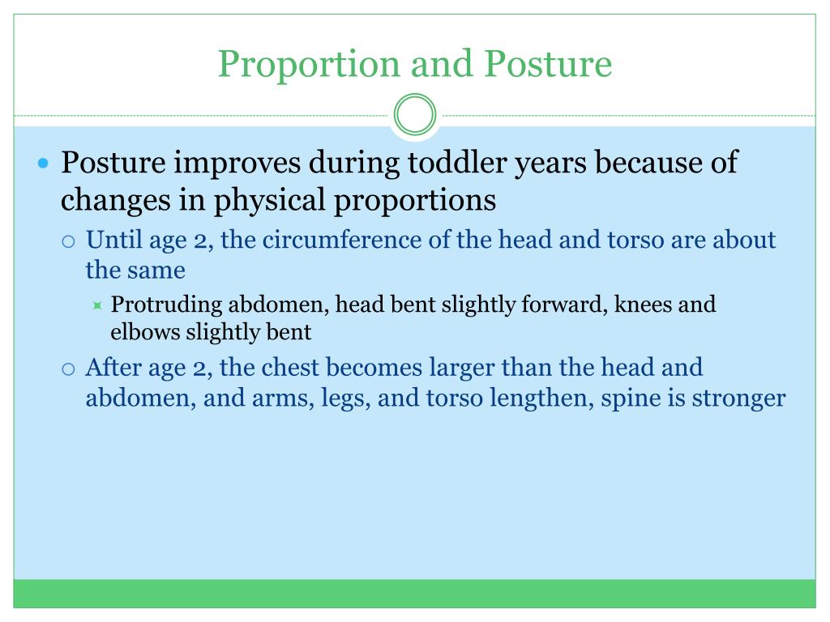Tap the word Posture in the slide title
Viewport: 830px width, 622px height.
pyautogui.click(x=549, y=63)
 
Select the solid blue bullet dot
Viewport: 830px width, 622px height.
pyautogui.click(x=44, y=163)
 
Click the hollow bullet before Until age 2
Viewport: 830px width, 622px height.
pyautogui.click(x=68, y=241)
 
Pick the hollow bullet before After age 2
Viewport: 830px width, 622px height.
pyautogui.click(x=68, y=369)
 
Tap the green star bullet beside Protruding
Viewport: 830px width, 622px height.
pyautogui.click(x=97, y=305)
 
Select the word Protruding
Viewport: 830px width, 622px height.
pyautogui.click(x=166, y=305)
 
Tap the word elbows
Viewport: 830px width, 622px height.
pyautogui.click(x=145, y=332)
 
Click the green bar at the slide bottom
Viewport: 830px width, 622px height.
pyautogui.click(x=414, y=594)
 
